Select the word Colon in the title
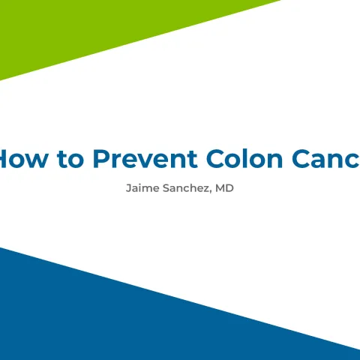(x=241, y=159)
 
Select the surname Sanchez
(x=184, y=188)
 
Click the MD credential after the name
(x=224, y=188)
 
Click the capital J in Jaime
(x=128, y=188)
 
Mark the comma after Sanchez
(x=210, y=191)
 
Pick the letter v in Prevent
(x=143, y=160)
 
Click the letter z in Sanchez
(x=205, y=189)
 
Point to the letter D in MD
(x=229, y=188)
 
